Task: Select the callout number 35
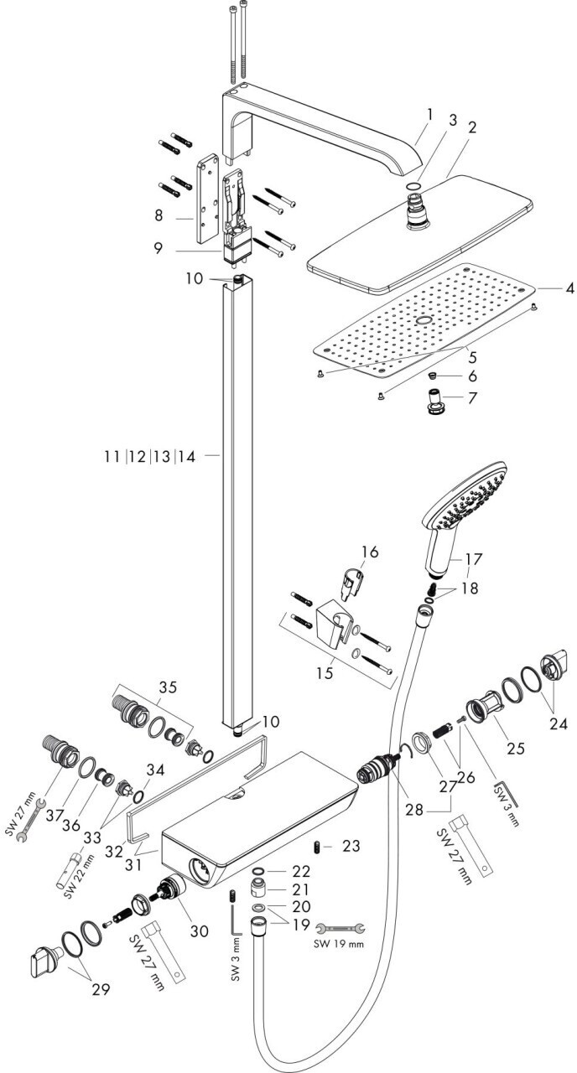click(x=167, y=688)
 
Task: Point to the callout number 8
click(x=159, y=215)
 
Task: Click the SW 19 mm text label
click(x=339, y=944)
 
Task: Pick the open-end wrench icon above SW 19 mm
click(x=340, y=929)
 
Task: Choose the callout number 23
click(x=351, y=846)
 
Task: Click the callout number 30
click(x=200, y=930)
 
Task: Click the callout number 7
click(x=472, y=397)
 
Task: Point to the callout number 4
click(x=569, y=289)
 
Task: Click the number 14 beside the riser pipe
click(x=187, y=457)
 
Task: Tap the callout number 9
click(x=159, y=248)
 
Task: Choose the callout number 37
click(x=56, y=816)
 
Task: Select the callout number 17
click(x=472, y=558)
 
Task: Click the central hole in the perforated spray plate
click(x=424, y=320)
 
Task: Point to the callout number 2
click(x=472, y=127)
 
